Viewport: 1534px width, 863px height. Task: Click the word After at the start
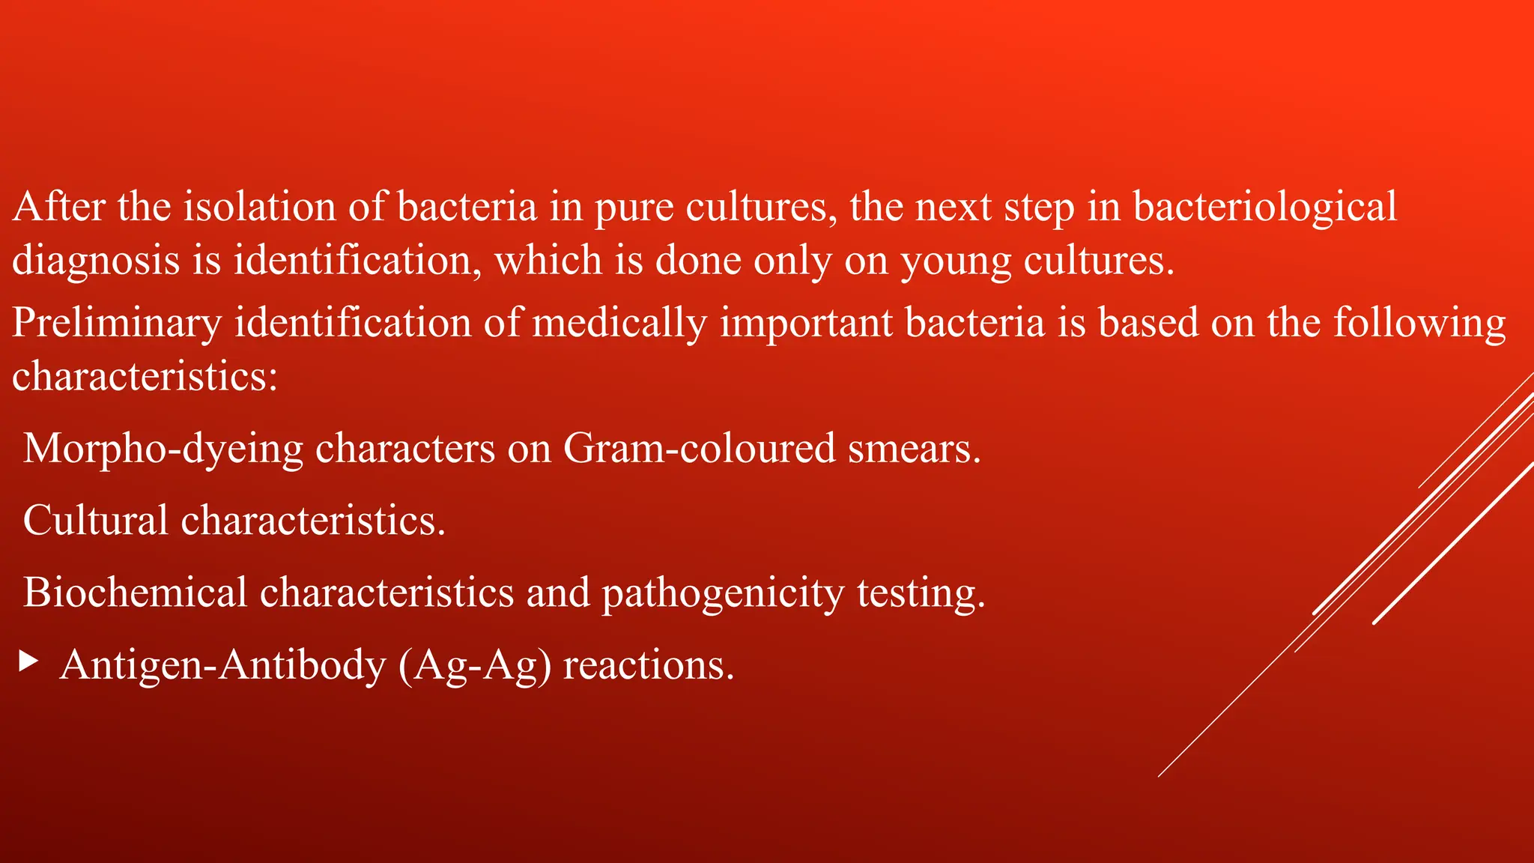point(58,207)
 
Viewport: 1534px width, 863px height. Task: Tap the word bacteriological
point(1264,207)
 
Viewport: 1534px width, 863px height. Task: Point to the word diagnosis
point(96,261)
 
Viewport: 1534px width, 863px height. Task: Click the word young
point(955,261)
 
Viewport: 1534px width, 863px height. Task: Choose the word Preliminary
point(117,323)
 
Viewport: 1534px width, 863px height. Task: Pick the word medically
point(619,323)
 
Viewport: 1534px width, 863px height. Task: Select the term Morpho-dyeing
point(163,449)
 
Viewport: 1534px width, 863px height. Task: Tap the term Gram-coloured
point(699,449)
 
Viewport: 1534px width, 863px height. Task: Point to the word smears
point(914,449)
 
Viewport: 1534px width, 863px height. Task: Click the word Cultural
point(96,520)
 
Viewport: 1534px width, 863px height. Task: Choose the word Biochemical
point(135,592)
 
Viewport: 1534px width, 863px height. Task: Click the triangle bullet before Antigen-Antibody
point(28,661)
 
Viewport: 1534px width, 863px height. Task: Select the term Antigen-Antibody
point(222,664)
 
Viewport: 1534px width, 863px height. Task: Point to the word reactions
point(649,664)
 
